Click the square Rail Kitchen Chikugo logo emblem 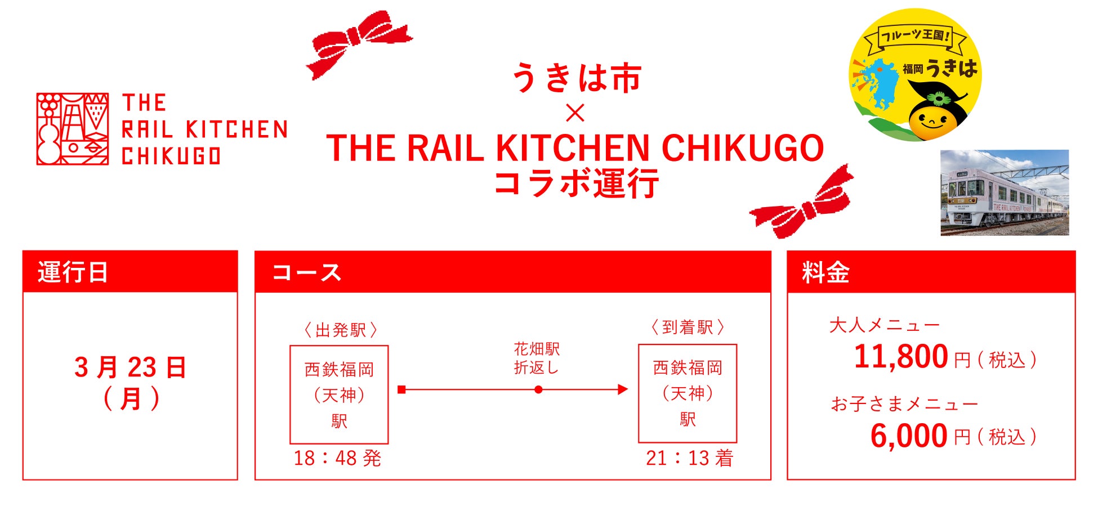[73, 129]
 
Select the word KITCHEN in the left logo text [236, 129]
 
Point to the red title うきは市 [576, 78]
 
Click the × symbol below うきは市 [575, 113]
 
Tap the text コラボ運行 [576, 183]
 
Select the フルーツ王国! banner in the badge [916, 37]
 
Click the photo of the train [1004, 192]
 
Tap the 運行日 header [73, 272]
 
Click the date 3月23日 [130, 367]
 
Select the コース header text [307, 272]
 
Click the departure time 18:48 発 [337, 458]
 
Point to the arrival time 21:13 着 [689, 458]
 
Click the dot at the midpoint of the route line [538, 389]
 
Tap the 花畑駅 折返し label [537, 358]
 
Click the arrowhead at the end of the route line [622, 389]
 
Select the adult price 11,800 [901, 357]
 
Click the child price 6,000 [909, 436]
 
